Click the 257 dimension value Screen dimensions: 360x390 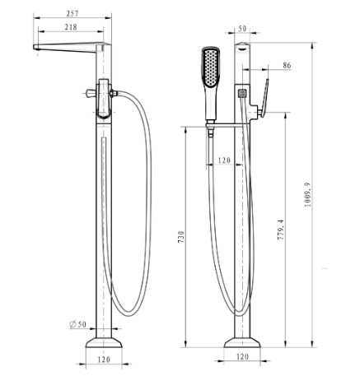click(x=72, y=13)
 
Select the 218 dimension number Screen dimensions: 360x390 click(x=71, y=27)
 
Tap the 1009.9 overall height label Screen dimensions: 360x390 click(x=308, y=194)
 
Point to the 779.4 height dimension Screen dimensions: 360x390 click(x=281, y=230)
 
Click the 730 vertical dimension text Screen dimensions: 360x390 click(x=181, y=237)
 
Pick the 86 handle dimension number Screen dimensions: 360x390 click(x=287, y=65)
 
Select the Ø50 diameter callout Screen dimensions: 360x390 click(x=78, y=324)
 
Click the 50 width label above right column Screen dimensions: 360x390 click(x=242, y=29)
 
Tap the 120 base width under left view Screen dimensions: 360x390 click(x=104, y=360)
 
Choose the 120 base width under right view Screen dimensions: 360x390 click(x=242, y=356)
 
